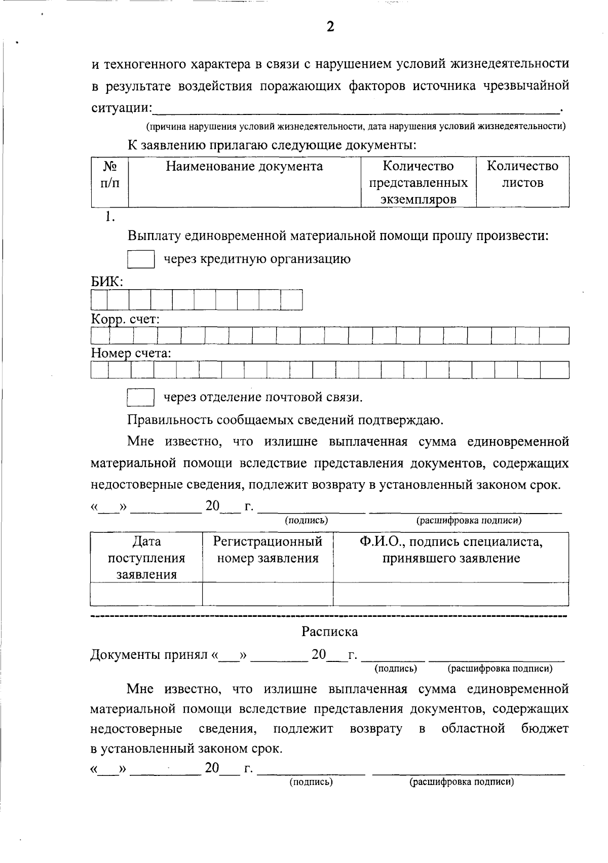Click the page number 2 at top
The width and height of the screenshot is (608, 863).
(330, 27)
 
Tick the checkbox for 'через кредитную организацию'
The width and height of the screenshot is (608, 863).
(140, 259)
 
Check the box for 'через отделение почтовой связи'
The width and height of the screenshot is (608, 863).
(140, 397)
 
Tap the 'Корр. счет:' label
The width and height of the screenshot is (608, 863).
(126, 320)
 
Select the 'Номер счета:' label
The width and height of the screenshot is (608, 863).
(131, 353)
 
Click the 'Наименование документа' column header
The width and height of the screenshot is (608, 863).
(244, 167)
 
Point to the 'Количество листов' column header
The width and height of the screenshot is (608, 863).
(522, 174)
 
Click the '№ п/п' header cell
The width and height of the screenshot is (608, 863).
(110, 174)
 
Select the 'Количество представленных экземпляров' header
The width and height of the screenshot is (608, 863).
(419, 182)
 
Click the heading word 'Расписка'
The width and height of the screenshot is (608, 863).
(329, 632)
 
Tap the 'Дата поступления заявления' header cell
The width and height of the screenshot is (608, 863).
(146, 558)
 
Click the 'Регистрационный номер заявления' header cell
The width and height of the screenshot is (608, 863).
(268, 550)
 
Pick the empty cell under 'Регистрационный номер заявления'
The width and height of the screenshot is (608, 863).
(268, 594)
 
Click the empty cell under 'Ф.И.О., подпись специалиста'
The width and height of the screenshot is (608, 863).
(451, 594)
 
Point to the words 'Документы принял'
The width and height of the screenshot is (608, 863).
(149, 655)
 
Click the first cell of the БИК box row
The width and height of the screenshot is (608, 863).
(99, 300)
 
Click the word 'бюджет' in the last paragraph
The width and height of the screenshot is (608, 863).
(545, 729)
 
